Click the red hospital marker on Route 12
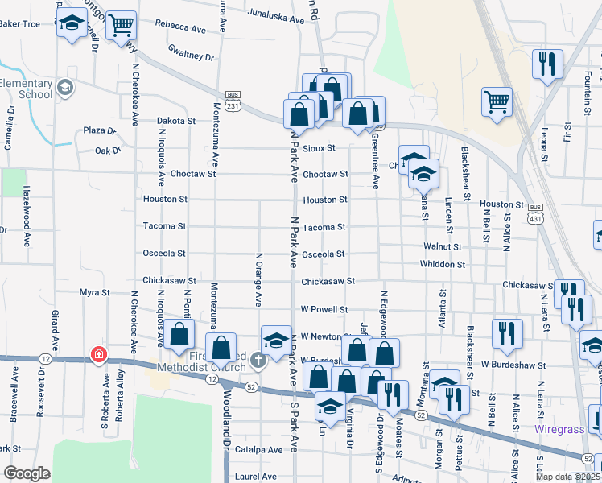(99, 354)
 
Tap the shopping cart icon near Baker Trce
(121, 25)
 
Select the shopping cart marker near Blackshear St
(497, 101)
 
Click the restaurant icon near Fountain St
(547, 64)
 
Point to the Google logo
(27, 473)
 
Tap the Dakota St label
(176, 121)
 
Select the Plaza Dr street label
(101, 130)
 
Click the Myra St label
(94, 291)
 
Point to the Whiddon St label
(442, 264)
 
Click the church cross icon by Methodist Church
(258, 359)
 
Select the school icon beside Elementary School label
(64, 87)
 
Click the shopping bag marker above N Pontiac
(180, 333)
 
